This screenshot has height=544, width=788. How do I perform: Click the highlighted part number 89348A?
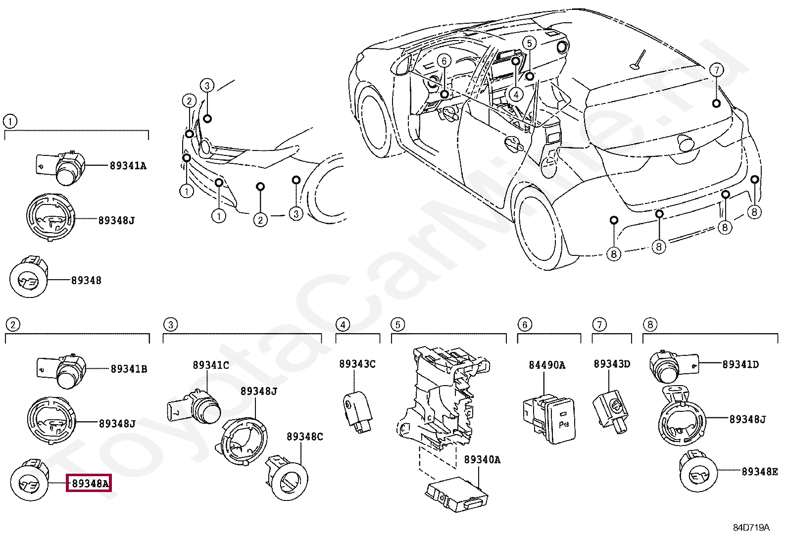pos(89,483)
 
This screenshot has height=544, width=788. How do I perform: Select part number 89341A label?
pos(128,166)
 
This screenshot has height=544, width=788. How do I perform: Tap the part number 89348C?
pos(304,437)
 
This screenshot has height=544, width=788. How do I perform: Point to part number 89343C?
pos(357,364)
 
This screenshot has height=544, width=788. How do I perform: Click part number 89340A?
pos(482,460)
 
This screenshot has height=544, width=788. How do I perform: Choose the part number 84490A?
pos(546,365)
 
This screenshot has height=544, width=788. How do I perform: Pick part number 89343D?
pos(612,364)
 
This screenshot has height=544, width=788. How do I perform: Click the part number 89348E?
pos(759,472)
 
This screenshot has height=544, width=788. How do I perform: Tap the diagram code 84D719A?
pos(751,528)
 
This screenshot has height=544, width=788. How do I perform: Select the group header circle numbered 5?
pos(397,325)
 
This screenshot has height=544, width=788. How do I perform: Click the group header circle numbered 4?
pos(342,325)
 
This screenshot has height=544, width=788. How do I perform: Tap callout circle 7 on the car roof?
pos(716,70)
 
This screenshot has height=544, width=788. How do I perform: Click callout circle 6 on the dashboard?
pos(444,61)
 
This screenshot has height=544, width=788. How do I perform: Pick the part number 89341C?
pos(211,365)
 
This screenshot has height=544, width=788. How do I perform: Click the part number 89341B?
pos(129,369)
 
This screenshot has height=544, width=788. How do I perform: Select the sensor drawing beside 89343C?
pos(357,407)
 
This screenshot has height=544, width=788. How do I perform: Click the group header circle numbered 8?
pos(649,325)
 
